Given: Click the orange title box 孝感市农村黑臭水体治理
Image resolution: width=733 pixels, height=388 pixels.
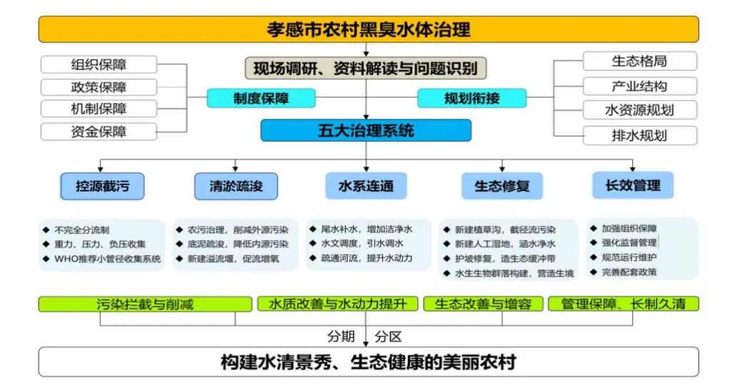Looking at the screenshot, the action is pos(369,29).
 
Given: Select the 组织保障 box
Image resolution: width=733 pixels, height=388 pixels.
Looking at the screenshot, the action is pos(99,64).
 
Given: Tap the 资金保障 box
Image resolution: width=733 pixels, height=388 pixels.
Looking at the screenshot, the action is pos(99,131).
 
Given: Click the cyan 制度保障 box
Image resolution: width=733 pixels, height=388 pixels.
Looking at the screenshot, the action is pos(261,98).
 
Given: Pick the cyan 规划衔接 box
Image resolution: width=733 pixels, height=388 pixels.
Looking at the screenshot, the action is pos(472,98).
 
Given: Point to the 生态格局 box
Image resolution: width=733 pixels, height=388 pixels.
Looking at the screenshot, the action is pos(639,61).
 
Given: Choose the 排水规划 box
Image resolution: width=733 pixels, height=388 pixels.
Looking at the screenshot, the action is pos(639,136).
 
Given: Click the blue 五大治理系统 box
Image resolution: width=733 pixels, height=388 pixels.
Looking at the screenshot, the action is pos(366,131).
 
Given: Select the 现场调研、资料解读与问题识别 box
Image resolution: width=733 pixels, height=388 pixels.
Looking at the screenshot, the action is pos(366,69).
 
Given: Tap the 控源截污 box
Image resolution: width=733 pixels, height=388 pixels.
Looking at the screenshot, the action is pos(102,186).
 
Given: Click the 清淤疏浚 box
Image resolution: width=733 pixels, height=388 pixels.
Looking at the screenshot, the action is pos(236,186).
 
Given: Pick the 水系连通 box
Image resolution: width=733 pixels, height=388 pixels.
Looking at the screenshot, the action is pos(366,186).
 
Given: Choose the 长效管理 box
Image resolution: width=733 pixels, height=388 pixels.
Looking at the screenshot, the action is pos(633,186).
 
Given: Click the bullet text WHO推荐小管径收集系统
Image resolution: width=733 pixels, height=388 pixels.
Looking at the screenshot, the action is pos(107,259).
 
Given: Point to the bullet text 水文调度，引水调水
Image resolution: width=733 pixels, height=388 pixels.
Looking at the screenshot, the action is pos(361,244).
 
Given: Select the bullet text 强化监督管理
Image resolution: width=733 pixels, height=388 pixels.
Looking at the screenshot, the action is pos(629,243).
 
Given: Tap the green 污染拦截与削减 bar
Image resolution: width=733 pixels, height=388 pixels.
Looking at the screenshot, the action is pos(145,304).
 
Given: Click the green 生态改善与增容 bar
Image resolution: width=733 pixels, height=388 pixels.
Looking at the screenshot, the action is pos(484,304).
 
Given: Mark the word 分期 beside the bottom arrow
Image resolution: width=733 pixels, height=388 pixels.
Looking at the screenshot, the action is pos(341,337).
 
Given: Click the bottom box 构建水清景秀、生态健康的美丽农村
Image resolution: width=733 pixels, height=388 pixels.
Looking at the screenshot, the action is pos(369,362).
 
